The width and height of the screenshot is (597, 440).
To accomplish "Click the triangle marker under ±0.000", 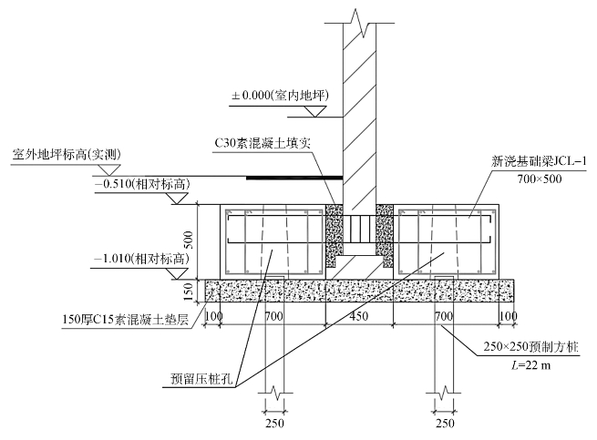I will pyautogui.click(x=314, y=110).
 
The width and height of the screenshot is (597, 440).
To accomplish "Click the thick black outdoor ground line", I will pyautogui.click(x=295, y=178).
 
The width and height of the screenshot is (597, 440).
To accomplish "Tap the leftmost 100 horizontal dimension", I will pyautogui.click(x=215, y=315).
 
